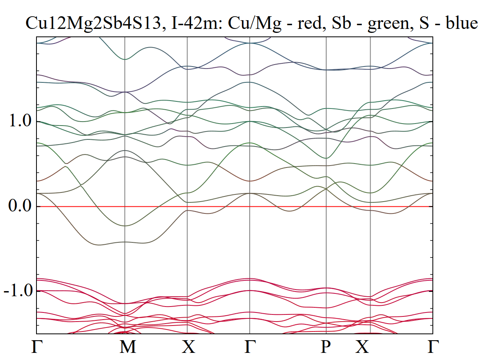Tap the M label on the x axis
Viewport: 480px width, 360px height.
[x=128, y=347]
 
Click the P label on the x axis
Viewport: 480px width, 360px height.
[x=326, y=347]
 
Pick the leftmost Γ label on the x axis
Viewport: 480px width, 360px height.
[x=36, y=347]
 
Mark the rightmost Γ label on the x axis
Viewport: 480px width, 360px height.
[x=432, y=347]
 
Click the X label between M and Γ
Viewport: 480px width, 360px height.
[x=188, y=347]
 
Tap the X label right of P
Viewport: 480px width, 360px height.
[x=362, y=347]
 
